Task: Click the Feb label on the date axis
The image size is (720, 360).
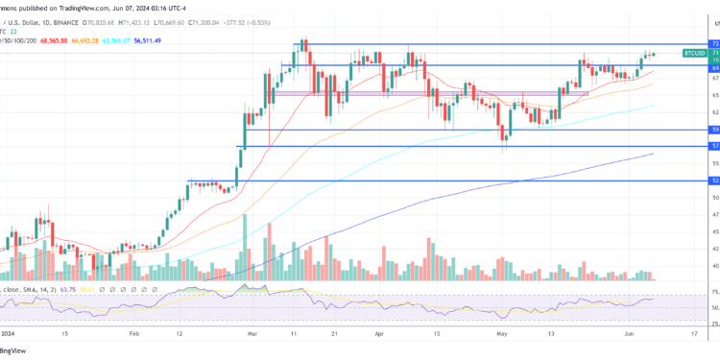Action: (133, 333)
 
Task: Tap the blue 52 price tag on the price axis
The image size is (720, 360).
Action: (714, 180)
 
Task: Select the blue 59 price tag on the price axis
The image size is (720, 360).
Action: (714, 129)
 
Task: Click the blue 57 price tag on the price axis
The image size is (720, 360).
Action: (714, 146)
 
